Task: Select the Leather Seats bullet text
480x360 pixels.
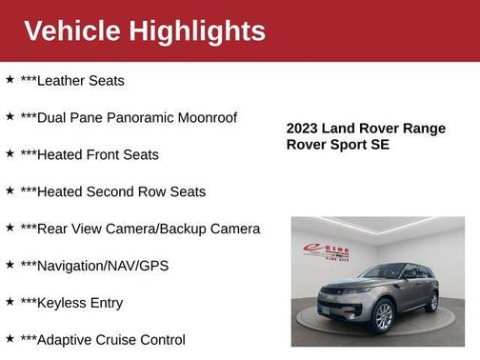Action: [72, 81]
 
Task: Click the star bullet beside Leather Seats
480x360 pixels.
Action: [10, 80]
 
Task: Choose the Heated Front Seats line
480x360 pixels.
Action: [90, 155]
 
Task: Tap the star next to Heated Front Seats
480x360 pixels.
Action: [10, 153]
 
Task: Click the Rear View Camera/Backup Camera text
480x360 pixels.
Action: [140, 230]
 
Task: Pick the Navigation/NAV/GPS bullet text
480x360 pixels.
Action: [94, 267]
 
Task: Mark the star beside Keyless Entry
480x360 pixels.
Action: [10, 302]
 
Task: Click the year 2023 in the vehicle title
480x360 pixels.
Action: [305, 129]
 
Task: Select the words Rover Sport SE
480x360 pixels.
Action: [338, 145]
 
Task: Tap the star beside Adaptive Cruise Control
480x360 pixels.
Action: [10, 338]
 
